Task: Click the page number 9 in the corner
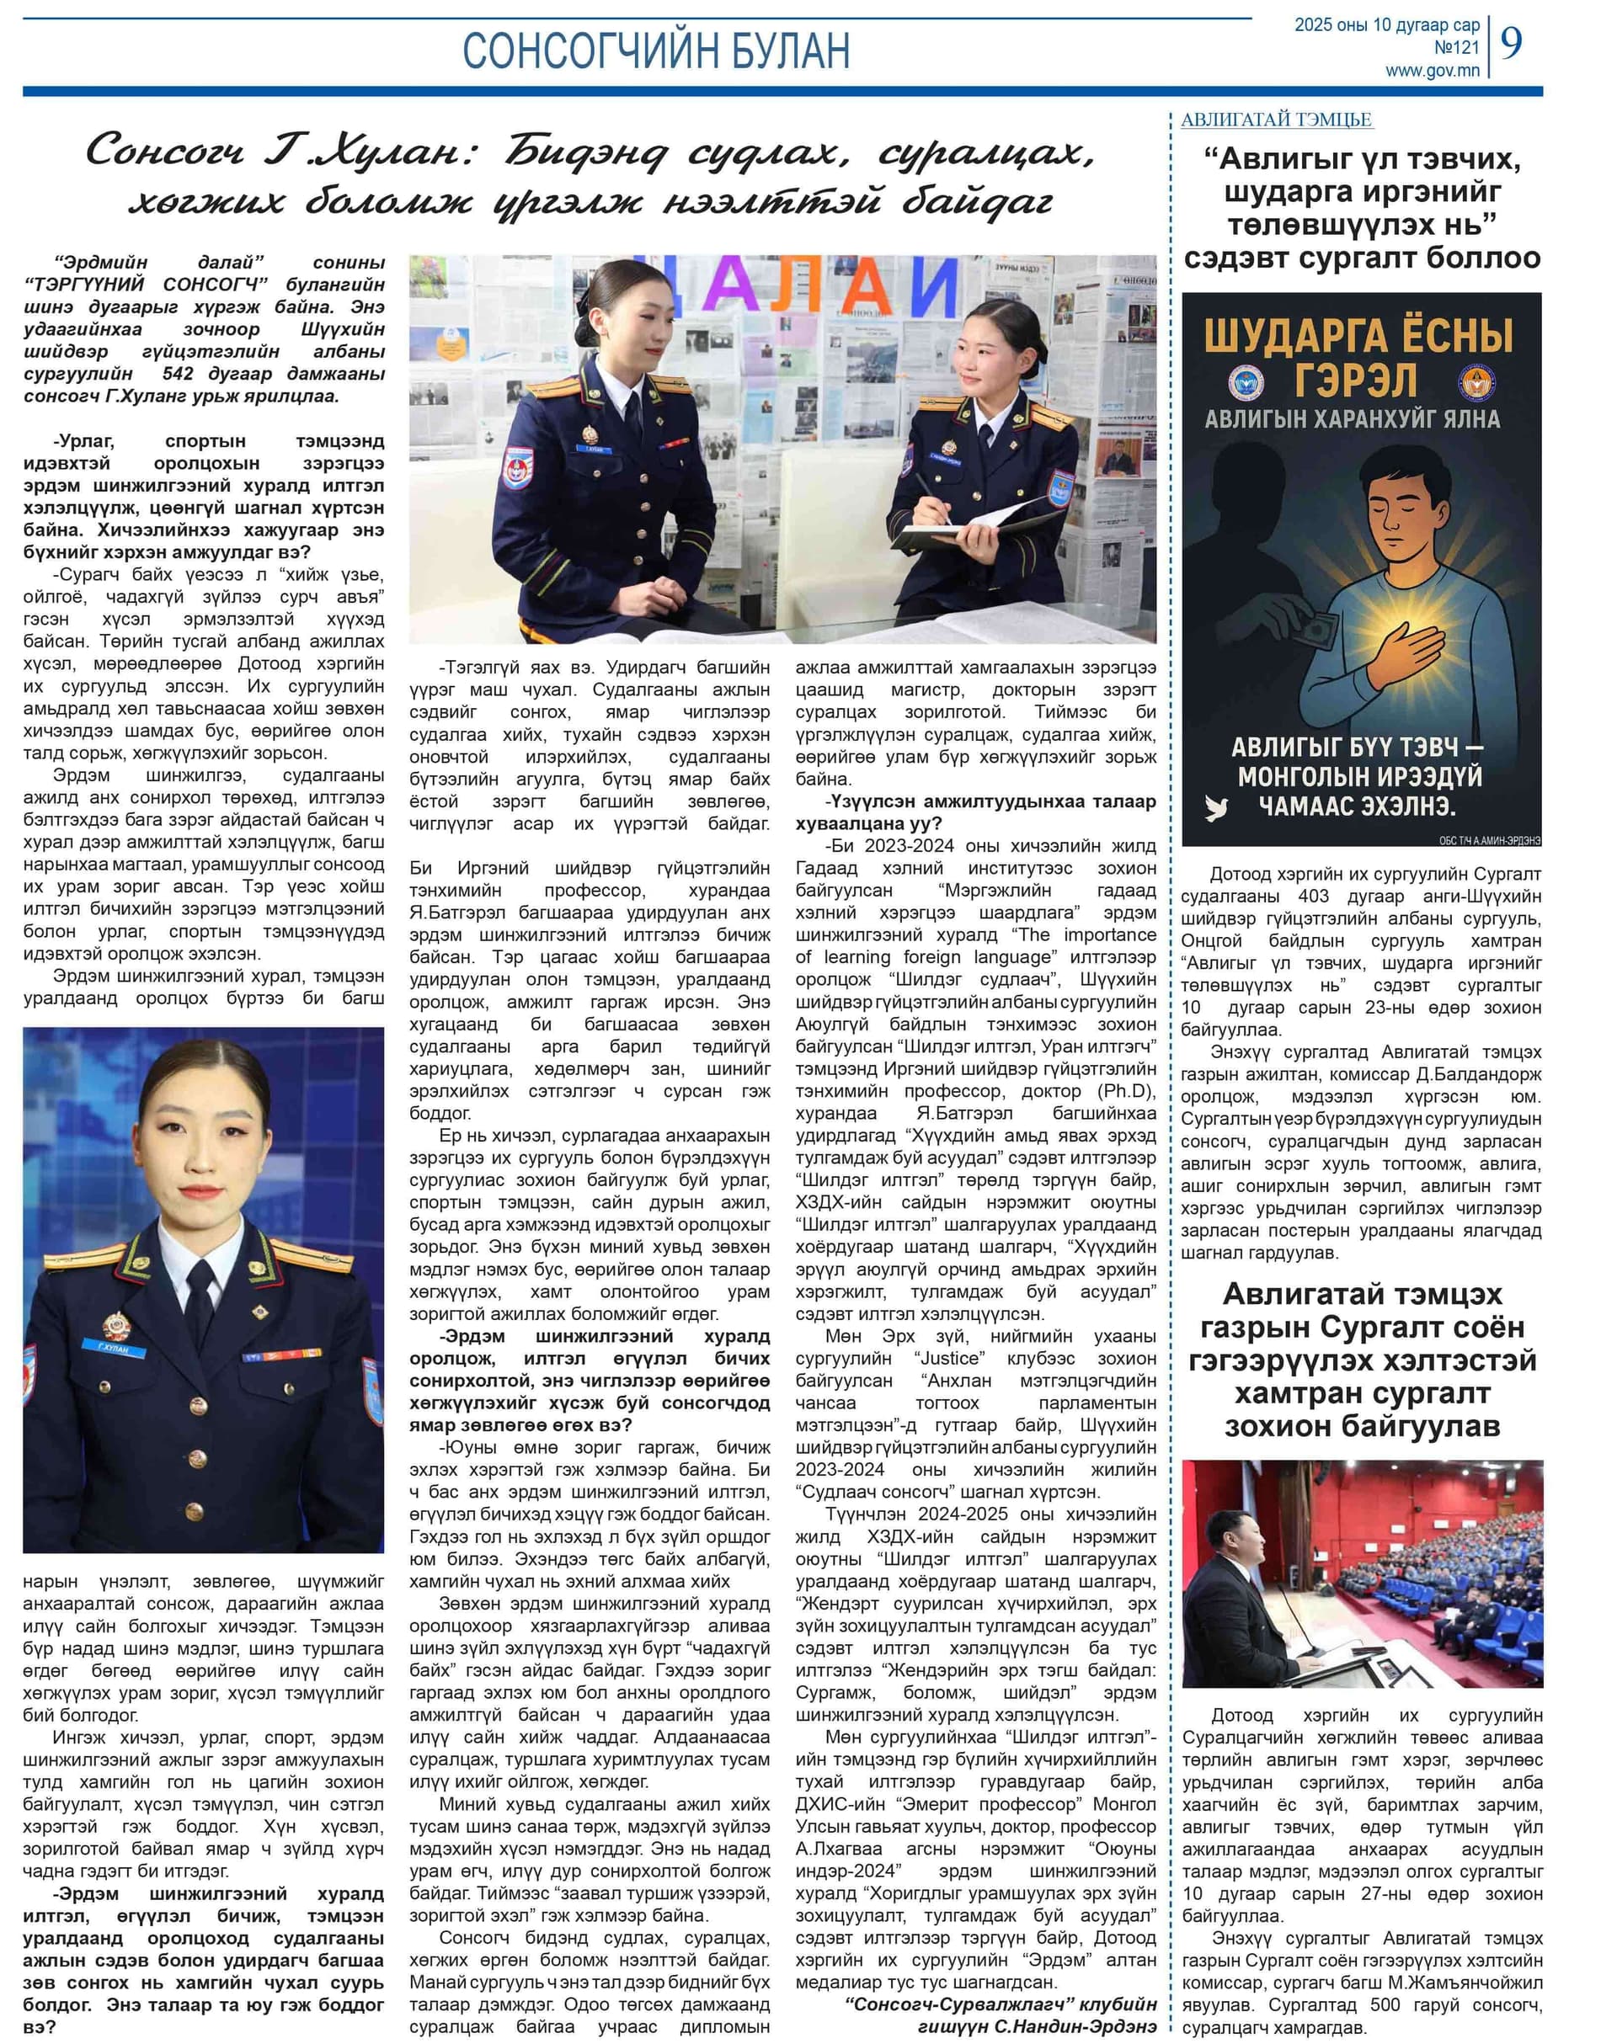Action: coord(1512,43)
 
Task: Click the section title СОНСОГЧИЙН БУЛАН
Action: coord(655,51)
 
